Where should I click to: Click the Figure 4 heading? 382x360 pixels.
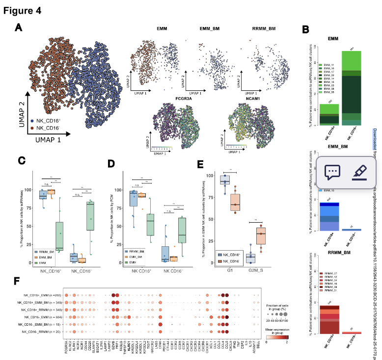point(23,9)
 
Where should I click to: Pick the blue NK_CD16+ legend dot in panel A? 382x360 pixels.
point(32,120)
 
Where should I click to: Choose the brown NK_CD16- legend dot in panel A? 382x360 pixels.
point(32,127)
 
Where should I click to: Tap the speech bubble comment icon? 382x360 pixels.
point(332,172)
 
